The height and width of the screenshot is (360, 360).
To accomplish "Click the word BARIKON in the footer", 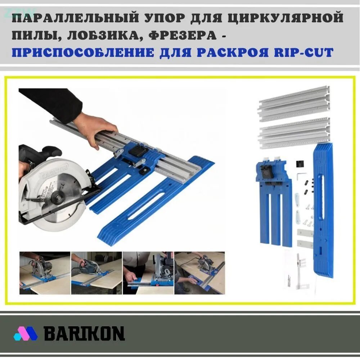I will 84,333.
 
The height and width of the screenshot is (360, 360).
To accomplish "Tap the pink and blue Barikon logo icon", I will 26,333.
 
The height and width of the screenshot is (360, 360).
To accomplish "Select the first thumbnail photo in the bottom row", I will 45,273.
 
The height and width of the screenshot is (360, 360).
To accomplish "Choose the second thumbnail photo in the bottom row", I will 96,273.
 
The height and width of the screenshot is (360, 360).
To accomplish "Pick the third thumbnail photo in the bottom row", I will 148,273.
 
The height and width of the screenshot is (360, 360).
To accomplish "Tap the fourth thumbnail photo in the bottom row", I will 199,273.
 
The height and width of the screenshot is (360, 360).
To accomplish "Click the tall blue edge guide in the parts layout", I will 323,209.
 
